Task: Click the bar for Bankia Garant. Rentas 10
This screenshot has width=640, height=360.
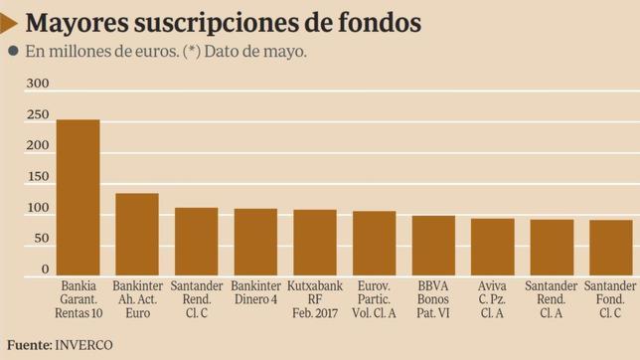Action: tap(78, 198)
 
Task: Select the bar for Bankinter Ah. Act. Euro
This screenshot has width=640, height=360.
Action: tap(136, 235)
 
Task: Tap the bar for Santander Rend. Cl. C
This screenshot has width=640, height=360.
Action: tap(196, 242)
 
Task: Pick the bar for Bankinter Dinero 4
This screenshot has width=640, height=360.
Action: tap(255, 243)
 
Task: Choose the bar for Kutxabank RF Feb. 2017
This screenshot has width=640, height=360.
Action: tap(314, 243)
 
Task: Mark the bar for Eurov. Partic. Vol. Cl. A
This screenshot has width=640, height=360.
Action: tap(374, 244)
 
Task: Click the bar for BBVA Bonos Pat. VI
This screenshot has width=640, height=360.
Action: tap(433, 246)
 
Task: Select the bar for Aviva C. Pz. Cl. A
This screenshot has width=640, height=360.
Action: tap(492, 248)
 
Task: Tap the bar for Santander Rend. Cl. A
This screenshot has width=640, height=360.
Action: tap(552, 248)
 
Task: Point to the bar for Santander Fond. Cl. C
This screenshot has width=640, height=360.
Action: tap(610, 248)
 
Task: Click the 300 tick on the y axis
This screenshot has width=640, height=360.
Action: tap(37, 85)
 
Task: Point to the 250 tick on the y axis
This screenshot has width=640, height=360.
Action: tap(37, 115)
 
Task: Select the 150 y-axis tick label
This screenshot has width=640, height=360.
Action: tap(37, 177)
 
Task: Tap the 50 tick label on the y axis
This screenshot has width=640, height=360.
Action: tap(40, 239)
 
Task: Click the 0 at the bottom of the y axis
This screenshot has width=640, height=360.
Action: tap(45, 270)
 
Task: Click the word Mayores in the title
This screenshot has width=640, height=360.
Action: tap(79, 22)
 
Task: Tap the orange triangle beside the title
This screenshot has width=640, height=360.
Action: tap(9, 22)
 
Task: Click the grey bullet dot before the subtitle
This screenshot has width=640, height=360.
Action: tap(12, 52)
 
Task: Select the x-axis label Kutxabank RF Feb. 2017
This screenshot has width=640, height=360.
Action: tap(314, 299)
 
